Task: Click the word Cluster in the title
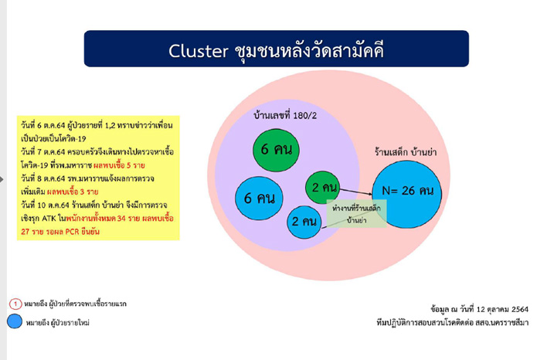(196, 51)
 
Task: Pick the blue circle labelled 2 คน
(304, 222)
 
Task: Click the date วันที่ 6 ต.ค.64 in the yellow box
(42, 125)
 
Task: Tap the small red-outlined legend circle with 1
(14, 304)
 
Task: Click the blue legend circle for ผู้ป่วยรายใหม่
(15, 322)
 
